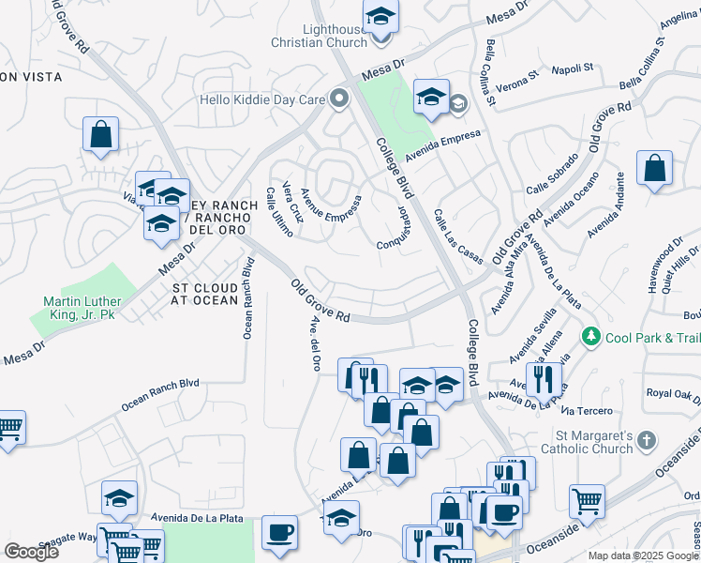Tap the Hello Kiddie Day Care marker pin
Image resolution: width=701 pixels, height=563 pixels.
[339, 98]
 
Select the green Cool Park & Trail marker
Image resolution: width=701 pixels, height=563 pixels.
[590, 336]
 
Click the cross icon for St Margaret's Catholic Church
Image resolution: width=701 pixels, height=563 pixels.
[647, 439]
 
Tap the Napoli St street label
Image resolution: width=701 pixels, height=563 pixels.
[573, 68]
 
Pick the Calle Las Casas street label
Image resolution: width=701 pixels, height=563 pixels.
[457, 236]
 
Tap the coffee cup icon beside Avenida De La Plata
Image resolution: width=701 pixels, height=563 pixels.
[279, 532]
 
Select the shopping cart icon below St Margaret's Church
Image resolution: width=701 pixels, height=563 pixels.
[587, 499]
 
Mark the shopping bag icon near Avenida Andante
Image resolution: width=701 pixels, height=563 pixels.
[654, 168]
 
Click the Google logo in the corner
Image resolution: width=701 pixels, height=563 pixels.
[32, 552]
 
